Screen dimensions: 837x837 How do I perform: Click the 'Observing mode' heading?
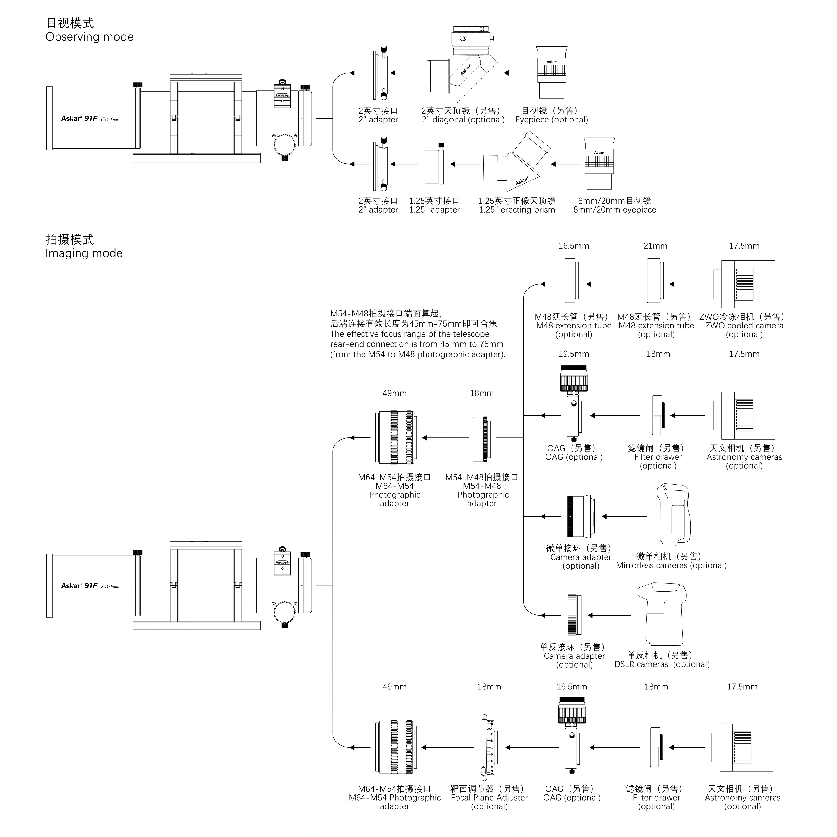tap(89, 37)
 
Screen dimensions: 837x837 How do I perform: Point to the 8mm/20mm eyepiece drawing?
tap(599, 164)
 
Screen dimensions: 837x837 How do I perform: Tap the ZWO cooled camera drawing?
tap(744, 284)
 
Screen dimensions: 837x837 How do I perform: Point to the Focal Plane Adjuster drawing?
tap(490, 747)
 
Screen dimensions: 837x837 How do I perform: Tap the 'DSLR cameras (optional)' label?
tap(662, 664)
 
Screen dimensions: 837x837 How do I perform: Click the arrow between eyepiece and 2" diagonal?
tap(519, 73)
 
